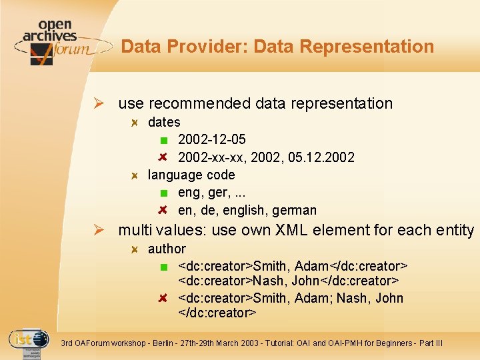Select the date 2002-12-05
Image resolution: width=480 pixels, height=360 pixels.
211,139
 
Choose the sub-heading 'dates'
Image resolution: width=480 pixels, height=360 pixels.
164,122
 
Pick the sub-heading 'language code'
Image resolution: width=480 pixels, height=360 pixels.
191,175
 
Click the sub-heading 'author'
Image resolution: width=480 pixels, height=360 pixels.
167,249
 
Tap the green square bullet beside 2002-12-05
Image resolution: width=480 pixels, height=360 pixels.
164,140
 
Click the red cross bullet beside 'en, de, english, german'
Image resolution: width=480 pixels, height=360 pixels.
164,211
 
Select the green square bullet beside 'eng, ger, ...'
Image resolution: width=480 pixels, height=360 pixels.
164,193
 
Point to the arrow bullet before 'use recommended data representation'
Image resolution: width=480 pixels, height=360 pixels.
99,104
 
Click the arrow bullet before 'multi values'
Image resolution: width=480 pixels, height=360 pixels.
99,231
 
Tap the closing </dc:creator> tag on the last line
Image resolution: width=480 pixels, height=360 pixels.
217,313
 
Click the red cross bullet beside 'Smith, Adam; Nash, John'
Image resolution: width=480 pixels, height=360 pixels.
164,298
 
